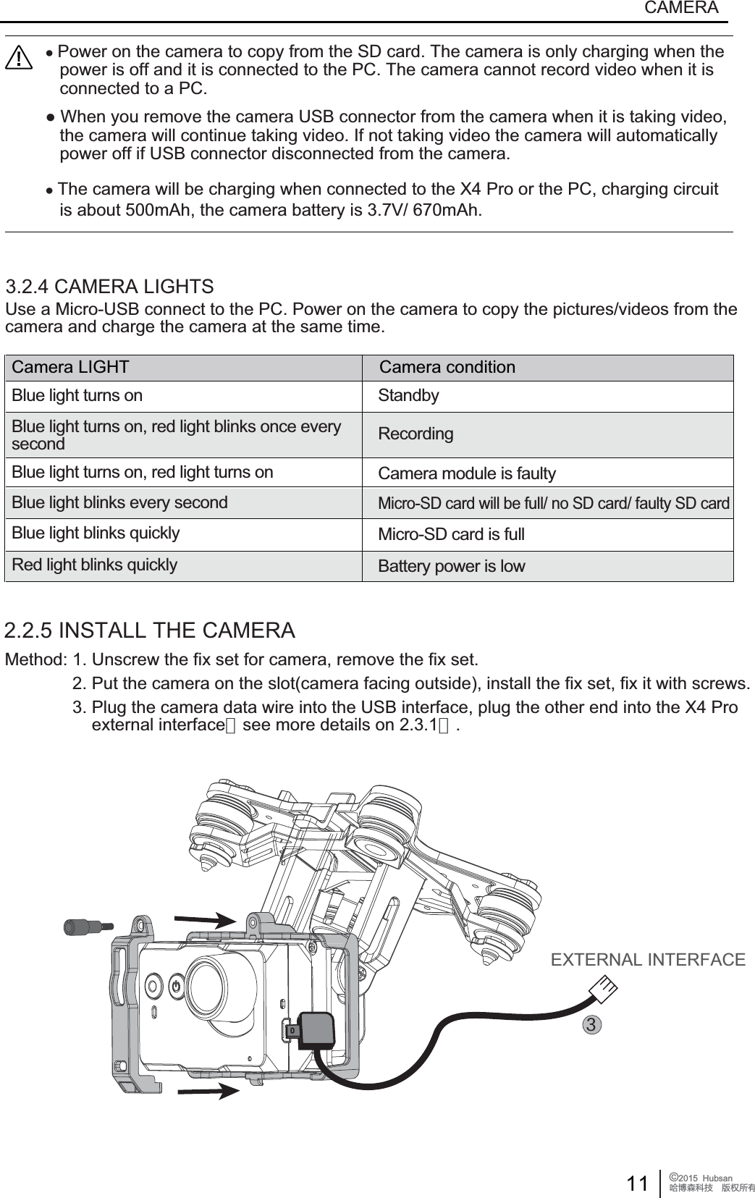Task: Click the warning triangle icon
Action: pos(18,59)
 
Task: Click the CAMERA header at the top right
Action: pos(680,8)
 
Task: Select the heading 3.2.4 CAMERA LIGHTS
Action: pos(109,286)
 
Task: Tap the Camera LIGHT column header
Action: pos(71,367)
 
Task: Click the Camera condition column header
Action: pos(447,367)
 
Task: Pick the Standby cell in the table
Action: pos(408,396)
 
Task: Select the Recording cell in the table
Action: pos(416,434)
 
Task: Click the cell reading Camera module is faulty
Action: pos(467,473)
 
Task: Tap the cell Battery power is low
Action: pos(452,566)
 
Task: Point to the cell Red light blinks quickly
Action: pos(94,565)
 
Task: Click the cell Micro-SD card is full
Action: pos(451,535)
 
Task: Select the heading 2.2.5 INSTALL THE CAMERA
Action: pos(150,630)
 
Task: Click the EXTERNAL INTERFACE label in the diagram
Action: pos(648,960)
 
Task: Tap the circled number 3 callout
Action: pos(592,1025)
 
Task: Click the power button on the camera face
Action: pos(177,985)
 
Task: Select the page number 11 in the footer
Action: pos(637,1184)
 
